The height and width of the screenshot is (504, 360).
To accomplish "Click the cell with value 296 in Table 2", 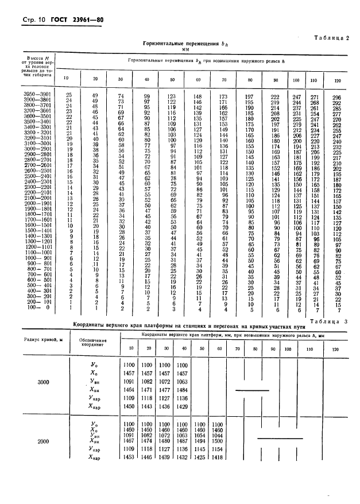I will coord(338,95).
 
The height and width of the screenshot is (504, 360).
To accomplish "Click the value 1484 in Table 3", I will coord(182,389).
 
